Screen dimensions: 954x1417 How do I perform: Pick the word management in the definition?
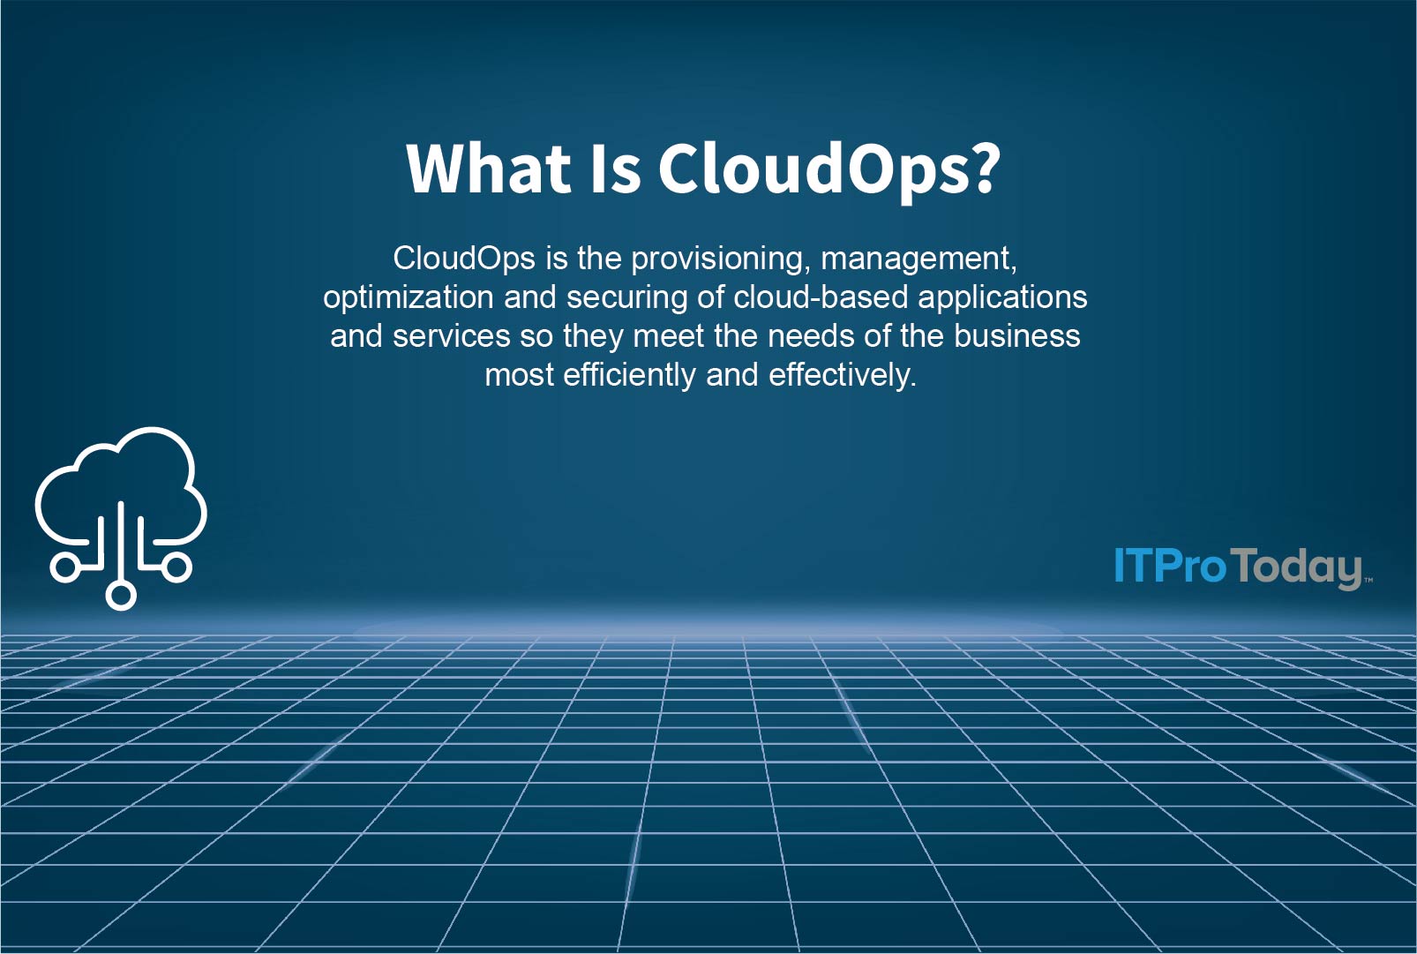(918, 259)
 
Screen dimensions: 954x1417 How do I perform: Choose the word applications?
(1002, 297)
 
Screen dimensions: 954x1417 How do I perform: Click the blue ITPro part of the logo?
(1170, 566)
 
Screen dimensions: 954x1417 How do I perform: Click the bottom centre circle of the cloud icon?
(122, 595)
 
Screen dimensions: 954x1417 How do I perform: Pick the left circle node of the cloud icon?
(64, 567)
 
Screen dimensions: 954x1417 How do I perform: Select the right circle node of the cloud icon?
(177, 567)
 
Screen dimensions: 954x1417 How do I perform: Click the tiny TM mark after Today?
(1368, 581)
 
